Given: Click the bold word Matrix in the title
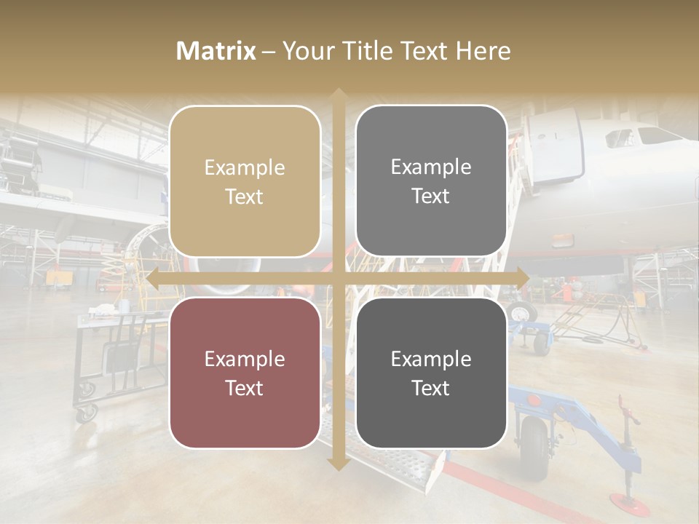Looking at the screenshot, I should (x=216, y=51).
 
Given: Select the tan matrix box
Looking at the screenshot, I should (x=245, y=181).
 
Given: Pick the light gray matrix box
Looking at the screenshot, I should (x=431, y=181).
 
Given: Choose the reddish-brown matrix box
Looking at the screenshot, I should (x=245, y=373).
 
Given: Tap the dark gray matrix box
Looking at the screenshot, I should (x=431, y=373).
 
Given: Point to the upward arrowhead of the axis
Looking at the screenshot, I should (x=338, y=95).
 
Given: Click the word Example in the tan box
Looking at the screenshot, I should (x=245, y=167).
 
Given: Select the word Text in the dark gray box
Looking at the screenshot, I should (x=431, y=388).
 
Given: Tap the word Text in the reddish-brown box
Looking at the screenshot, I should (x=245, y=388).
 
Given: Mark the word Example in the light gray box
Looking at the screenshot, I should (x=431, y=167).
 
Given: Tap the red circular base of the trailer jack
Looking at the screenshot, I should (x=630, y=502).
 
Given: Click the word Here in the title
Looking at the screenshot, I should (x=483, y=51).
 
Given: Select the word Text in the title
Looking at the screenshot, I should (x=424, y=51).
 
